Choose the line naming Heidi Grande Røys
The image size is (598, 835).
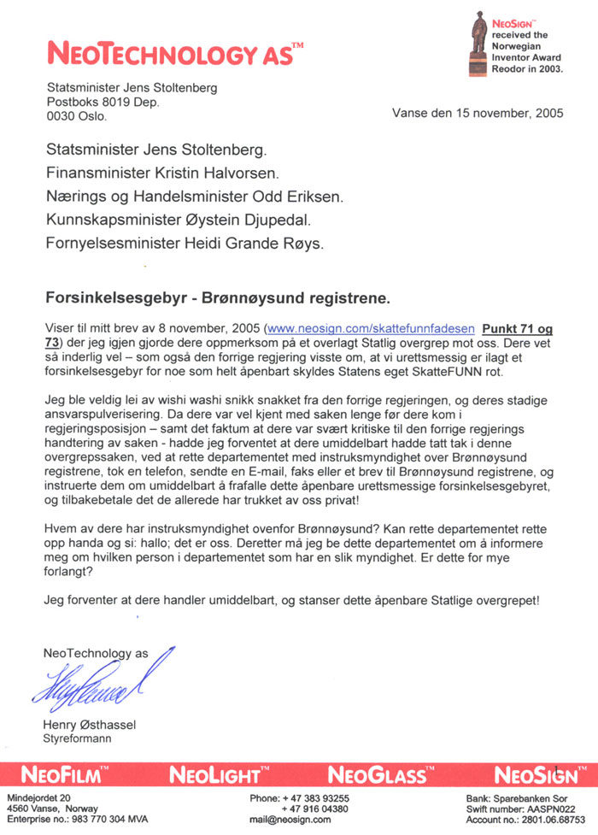tap(184, 245)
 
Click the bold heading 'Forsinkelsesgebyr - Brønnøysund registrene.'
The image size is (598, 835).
tap(216, 299)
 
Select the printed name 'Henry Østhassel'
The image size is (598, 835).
tap(89, 725)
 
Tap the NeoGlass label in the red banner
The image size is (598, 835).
tap(376, 776)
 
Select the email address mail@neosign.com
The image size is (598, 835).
tap(290, 820)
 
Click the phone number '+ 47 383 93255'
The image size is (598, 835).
tap(316, 797)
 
